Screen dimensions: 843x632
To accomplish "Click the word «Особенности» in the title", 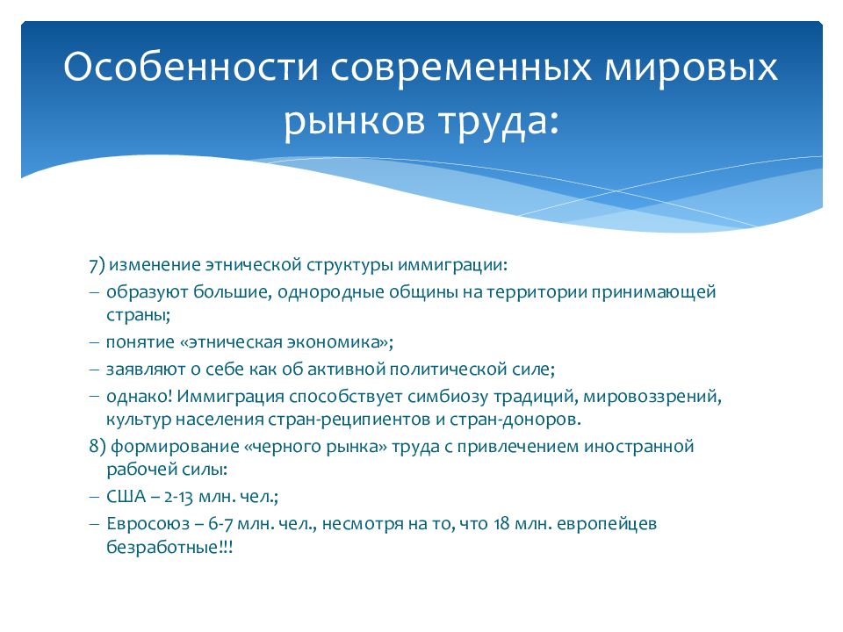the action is (191, 68).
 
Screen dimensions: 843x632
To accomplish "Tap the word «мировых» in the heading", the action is (691, 68).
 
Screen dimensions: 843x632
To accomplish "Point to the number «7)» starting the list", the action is (97, 265).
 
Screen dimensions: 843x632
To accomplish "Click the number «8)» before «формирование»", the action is (97, 446).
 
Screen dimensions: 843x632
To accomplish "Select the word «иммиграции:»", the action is (453, 265).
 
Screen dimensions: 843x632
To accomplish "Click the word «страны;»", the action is (138, 315).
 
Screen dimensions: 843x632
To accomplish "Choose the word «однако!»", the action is (140, 396).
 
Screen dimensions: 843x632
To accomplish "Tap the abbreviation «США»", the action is (126, 496).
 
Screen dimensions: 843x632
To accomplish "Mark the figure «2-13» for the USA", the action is (178, 497).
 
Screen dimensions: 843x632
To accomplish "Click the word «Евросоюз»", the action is (148, 523).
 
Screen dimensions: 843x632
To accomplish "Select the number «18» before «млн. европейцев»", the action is (501, 523).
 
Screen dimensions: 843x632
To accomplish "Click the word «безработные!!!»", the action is (169, 547).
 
